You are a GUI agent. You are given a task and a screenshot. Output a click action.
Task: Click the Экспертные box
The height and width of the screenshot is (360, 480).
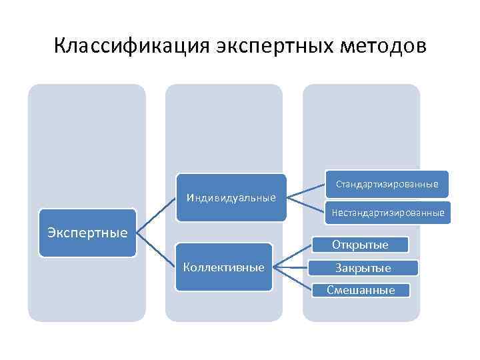[x=87, y=233]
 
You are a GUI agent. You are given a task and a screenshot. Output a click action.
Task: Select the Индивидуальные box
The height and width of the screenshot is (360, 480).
[x=231, y=197]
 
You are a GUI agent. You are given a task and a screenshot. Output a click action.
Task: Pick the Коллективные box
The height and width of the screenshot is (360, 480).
[x=223, y=267]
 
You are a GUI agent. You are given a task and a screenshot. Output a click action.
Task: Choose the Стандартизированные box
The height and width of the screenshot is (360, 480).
[x=387, y=183]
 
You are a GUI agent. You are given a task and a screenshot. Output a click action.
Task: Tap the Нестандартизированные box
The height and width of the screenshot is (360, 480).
[x=387, y=213]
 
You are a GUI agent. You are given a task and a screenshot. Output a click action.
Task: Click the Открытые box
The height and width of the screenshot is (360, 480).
[x=360, y=245]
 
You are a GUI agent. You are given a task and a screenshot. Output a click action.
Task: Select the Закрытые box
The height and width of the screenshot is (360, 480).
[x=363, y=268]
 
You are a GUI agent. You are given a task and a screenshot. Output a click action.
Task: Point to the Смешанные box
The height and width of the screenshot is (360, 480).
[x=361, y=289]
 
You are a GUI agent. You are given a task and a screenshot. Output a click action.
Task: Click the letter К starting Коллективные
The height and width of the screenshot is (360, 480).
[x=187, y=267]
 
